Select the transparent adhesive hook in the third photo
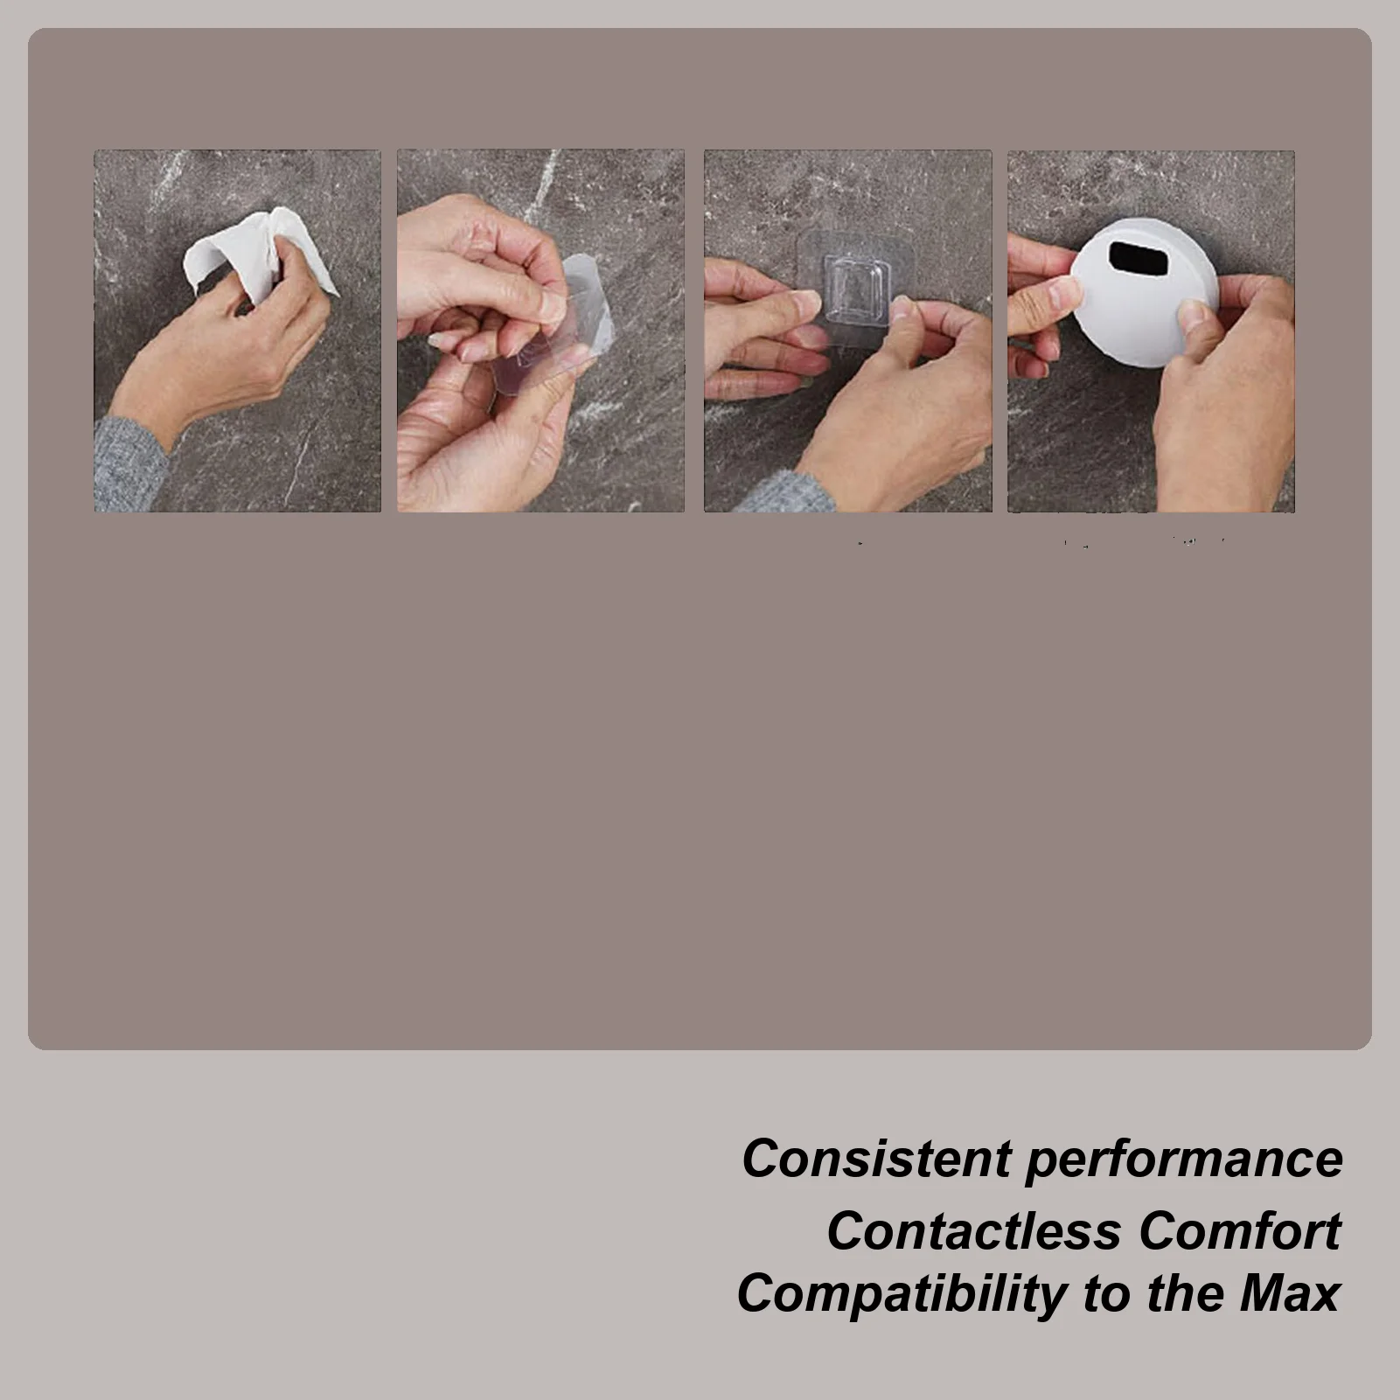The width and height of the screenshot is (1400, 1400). coord(857,289)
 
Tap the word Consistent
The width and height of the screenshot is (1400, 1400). coord(875,1159)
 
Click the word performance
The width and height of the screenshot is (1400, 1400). coord(1184,1159)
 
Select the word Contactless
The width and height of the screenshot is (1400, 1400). coord(973,1231)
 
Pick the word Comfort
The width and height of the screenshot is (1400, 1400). coord(1239,1231)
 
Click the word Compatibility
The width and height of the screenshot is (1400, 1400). coord(900,1293)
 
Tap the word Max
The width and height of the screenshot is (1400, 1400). coord(1289,1293)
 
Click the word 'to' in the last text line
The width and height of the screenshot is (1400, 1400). coord(1108,1293)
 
